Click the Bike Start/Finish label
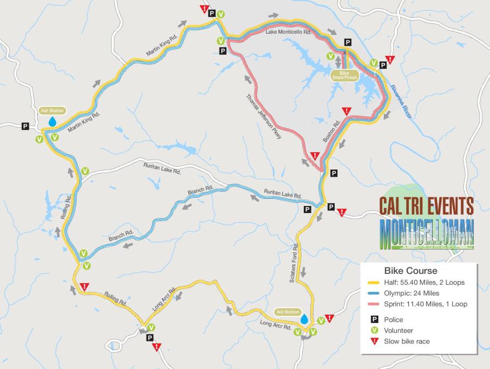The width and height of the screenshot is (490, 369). click(x=344, y=74)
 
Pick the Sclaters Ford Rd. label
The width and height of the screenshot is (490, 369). click(x=295, y=263)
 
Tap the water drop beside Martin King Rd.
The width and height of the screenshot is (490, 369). click(x=52, y=122)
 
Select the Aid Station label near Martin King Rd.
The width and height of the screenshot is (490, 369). click(x=52, y=110)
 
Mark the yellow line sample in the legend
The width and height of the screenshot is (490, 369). click(x=373, y=283)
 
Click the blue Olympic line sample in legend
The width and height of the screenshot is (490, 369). click(x=373, y=293)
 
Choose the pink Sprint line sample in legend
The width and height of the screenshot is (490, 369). click(x=373, y=304)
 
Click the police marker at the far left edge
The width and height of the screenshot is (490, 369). click(x=25, y=126)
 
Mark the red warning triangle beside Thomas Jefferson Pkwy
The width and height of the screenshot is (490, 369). click(x=315, y=156)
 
